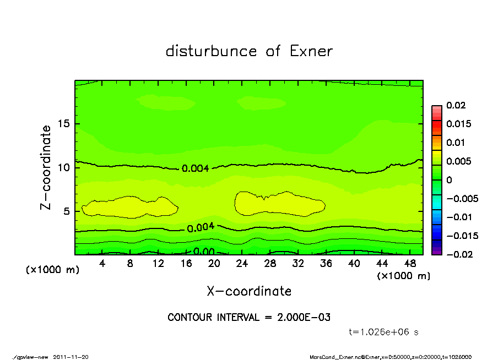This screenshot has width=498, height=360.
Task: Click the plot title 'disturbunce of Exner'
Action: pyautogui.click(x=249, y=52)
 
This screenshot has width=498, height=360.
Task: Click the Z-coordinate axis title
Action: pyautogui.click(x=46, y=167)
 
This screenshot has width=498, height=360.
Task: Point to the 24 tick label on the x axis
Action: pyautogui.click(x=242, y=264)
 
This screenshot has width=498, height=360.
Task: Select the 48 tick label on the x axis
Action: pyautogui.click(x=410, y=264)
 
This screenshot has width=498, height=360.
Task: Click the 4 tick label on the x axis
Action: pyautogui.click(x=102, y=264)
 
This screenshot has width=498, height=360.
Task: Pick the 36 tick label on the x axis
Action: pyautogui.click(x=326, y=264)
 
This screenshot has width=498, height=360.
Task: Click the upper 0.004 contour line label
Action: pyautogui.click(x=195, y=168)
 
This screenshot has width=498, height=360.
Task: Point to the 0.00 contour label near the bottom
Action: pyautogui.click(x=204, y=252)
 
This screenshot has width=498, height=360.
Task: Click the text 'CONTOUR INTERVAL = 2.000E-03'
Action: pyautogui.click(x=249, y=318)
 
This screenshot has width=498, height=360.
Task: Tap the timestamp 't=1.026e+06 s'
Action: pyautogui.click(x=384, y=332)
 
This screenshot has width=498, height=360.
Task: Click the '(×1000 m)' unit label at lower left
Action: pyautogui.click(x=51, y=270)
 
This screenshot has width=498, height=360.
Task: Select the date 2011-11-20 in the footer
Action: pyautogui.click(x=71, y=357)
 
